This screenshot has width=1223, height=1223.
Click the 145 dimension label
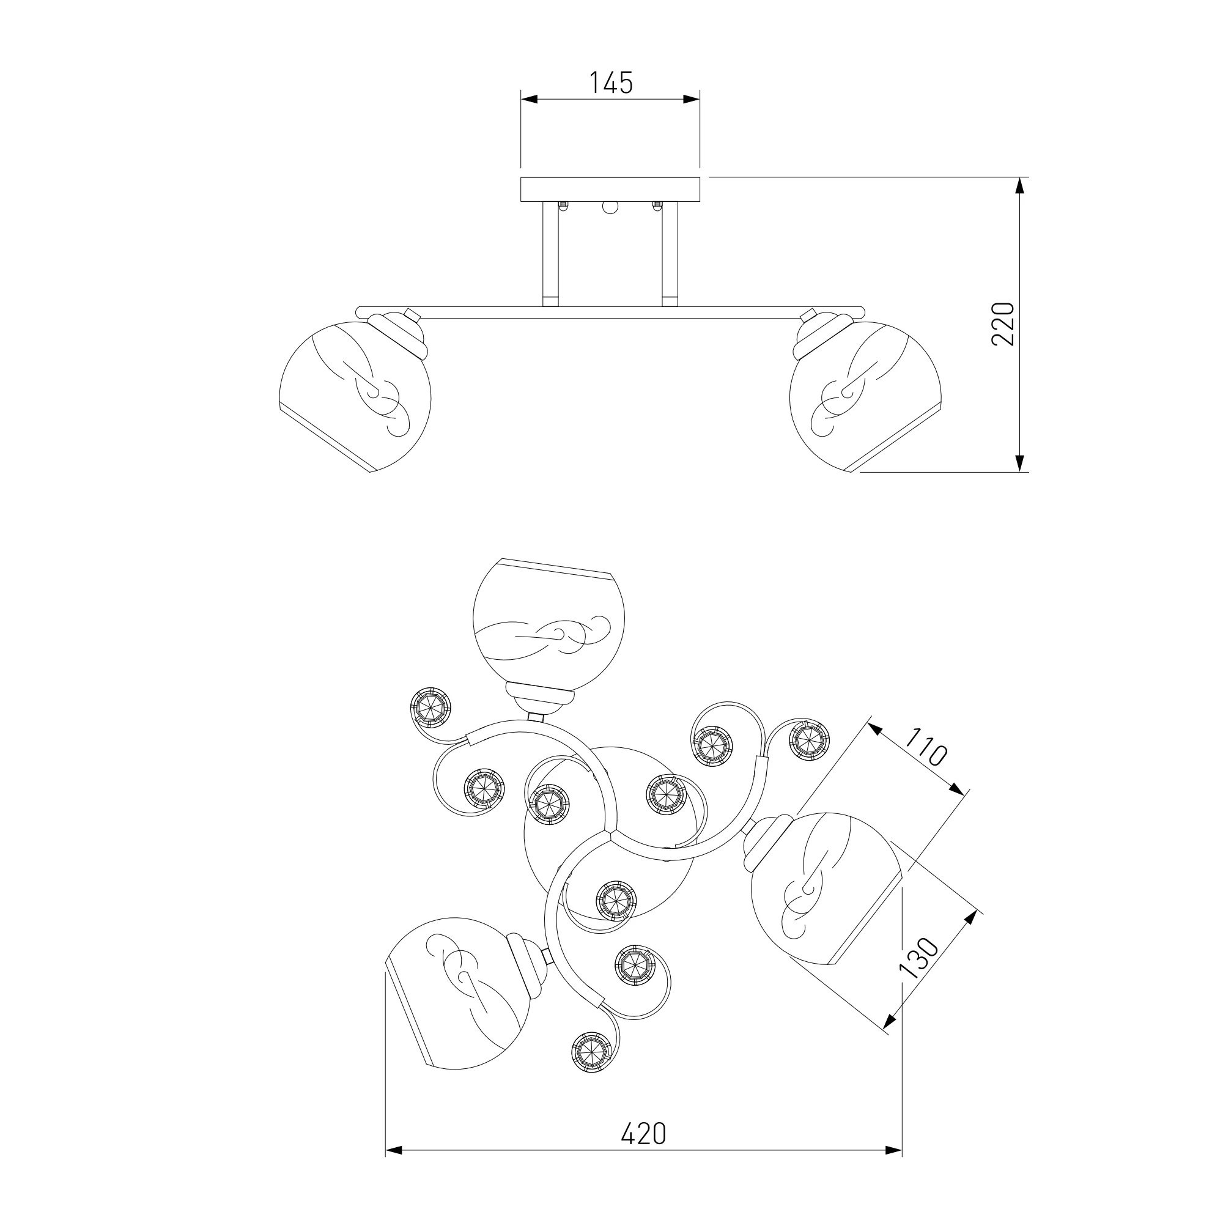point(611,83)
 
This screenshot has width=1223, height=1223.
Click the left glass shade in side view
point(355,396)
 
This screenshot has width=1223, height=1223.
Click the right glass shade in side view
point(865,396)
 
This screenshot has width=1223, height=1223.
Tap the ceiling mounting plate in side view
point(610,190)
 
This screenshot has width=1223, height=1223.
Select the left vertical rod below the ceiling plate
point(550,254)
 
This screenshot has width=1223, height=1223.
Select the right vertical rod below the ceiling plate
point(670,254)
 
